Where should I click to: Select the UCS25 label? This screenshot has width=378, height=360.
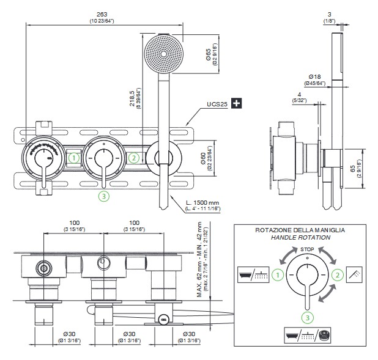(217, 105)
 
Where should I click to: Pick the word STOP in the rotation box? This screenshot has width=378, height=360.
(308, 249)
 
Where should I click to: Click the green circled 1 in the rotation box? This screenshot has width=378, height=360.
(278, 275)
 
